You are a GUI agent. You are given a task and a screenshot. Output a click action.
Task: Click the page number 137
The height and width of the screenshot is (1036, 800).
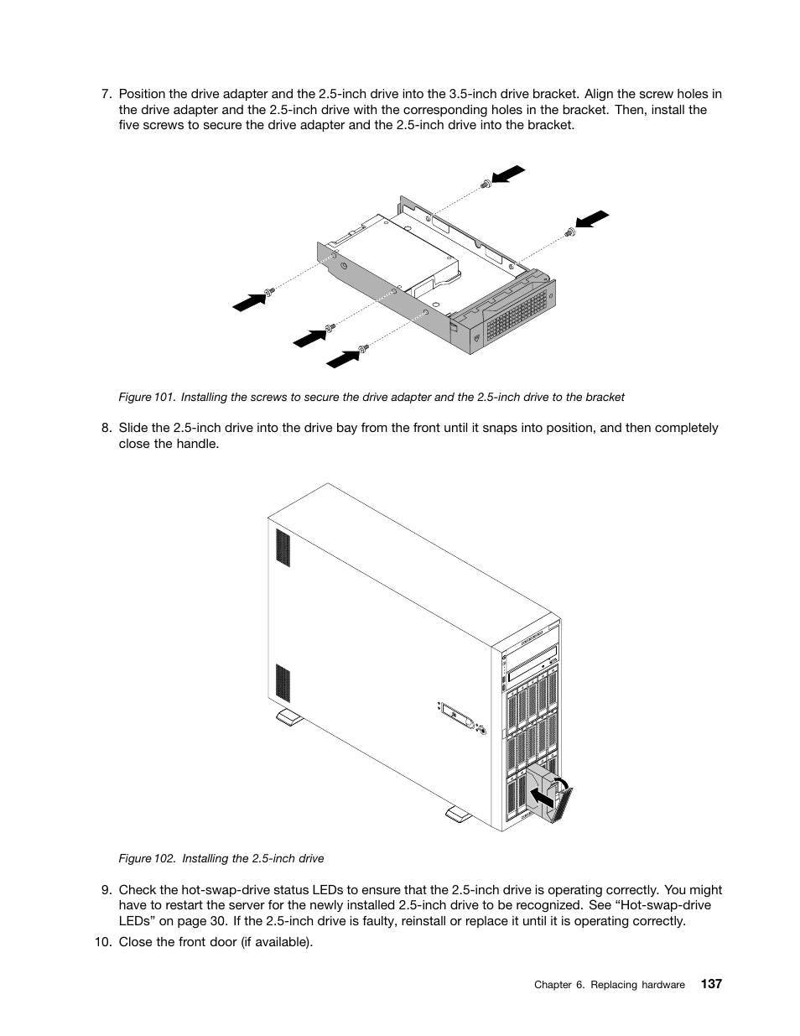click(710, 984)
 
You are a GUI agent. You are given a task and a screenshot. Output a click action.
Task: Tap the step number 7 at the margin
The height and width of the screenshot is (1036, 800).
click(106, 95)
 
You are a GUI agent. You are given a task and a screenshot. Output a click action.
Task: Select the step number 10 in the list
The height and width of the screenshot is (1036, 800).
click(102, 942)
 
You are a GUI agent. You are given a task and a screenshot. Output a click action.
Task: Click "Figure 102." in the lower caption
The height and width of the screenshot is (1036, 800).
click(147, 858)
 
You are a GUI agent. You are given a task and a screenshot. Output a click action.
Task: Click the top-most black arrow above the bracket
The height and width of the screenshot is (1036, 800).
click(508, 174)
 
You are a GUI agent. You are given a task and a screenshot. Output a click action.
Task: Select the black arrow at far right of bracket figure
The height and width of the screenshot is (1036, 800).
click(592, 219)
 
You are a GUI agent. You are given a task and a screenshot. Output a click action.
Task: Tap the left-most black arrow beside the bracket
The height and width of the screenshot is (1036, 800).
click(248, 301)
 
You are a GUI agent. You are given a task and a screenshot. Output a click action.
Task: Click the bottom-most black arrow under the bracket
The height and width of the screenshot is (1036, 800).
click(341, 358)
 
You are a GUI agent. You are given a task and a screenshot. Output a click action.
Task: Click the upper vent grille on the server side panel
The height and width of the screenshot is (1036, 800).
click(283, 548)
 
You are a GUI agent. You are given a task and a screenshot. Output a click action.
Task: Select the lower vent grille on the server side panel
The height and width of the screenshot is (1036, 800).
click(283, 684)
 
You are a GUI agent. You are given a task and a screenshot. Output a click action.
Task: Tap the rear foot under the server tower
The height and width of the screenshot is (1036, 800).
click(288, 717)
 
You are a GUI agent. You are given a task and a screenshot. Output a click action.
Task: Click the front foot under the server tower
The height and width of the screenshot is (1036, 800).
click(460, 814)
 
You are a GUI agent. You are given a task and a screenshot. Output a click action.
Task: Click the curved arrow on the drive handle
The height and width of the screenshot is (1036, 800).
click(564, 784)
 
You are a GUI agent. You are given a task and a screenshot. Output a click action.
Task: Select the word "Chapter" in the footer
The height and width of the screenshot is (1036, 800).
click(554, 985)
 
